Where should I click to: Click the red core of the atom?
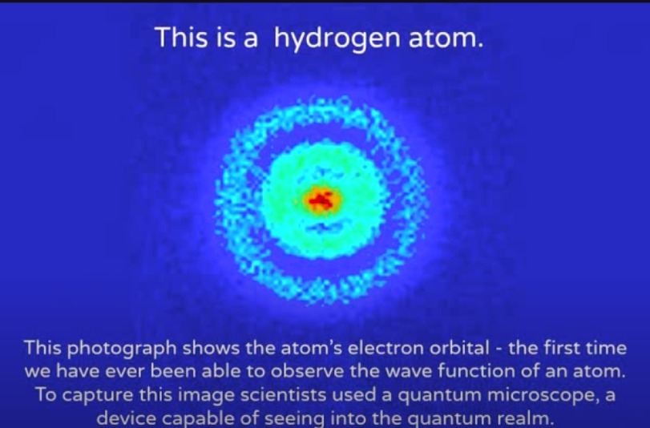click(321, 200)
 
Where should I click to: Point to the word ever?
click(133, 373)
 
